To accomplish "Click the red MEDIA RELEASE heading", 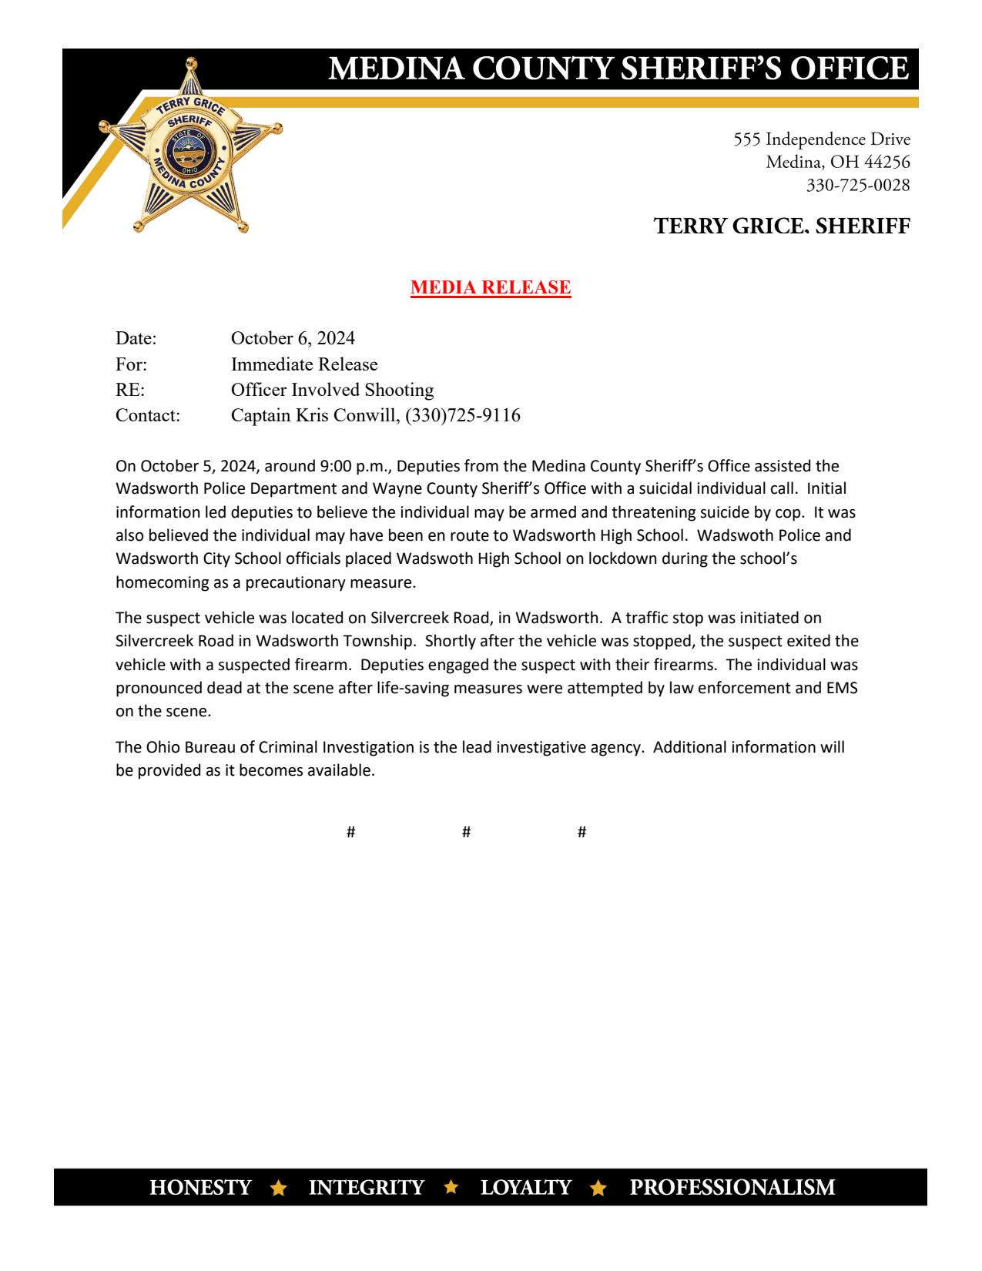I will [x=491, y=287].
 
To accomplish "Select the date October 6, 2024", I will [x=293, y=338].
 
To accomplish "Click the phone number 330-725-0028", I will [x=857, y=186].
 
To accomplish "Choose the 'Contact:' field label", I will [x=148, y=416].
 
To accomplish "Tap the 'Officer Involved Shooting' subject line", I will [x=332, y=390].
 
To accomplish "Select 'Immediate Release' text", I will [x=304, y=364].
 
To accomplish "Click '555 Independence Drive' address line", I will [x=821, y=139].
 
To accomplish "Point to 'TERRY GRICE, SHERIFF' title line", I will [x=782, y=226].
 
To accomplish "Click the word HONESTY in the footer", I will [x=200, y=1188].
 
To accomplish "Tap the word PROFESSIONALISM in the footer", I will [x=732, y=1188].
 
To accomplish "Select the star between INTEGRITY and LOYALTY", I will [x=452, y=1187].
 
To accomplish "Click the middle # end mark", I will [x=466, y=832].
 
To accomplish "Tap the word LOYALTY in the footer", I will [x=526, y=1188].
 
